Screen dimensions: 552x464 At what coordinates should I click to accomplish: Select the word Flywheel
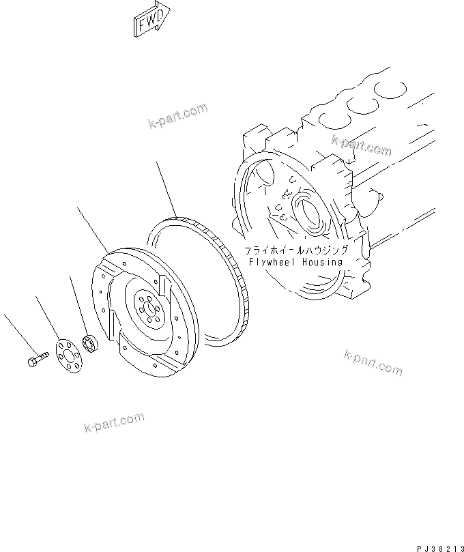[x=271, y=262]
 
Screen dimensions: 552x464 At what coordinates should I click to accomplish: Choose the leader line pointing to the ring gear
[x=166, y=188]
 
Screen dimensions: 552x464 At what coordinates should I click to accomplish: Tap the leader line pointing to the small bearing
[x=78, y=304]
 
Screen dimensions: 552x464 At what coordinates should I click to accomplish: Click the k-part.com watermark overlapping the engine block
[x=361, y=145]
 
